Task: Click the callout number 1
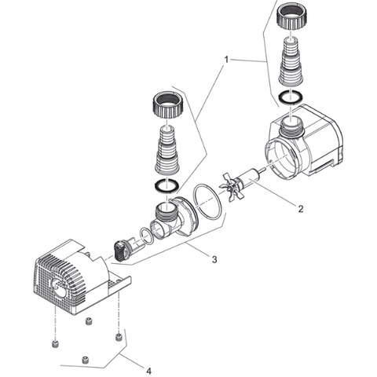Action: click(x=226, y=60)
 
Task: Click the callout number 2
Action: click(x=301, y=209)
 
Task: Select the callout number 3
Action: click(x=214, y=259)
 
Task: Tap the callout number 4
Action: click(x=148, y=371)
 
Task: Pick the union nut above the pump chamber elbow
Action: click(x=167, y=105)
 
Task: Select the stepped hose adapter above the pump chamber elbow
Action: click(x=167, y=150)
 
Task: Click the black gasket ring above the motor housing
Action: click(x=291, y=97)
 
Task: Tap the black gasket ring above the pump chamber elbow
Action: click(x=167, y=185)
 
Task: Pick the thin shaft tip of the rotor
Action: click(x=262, y=171)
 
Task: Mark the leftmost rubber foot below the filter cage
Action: click(x=55, y=345)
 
